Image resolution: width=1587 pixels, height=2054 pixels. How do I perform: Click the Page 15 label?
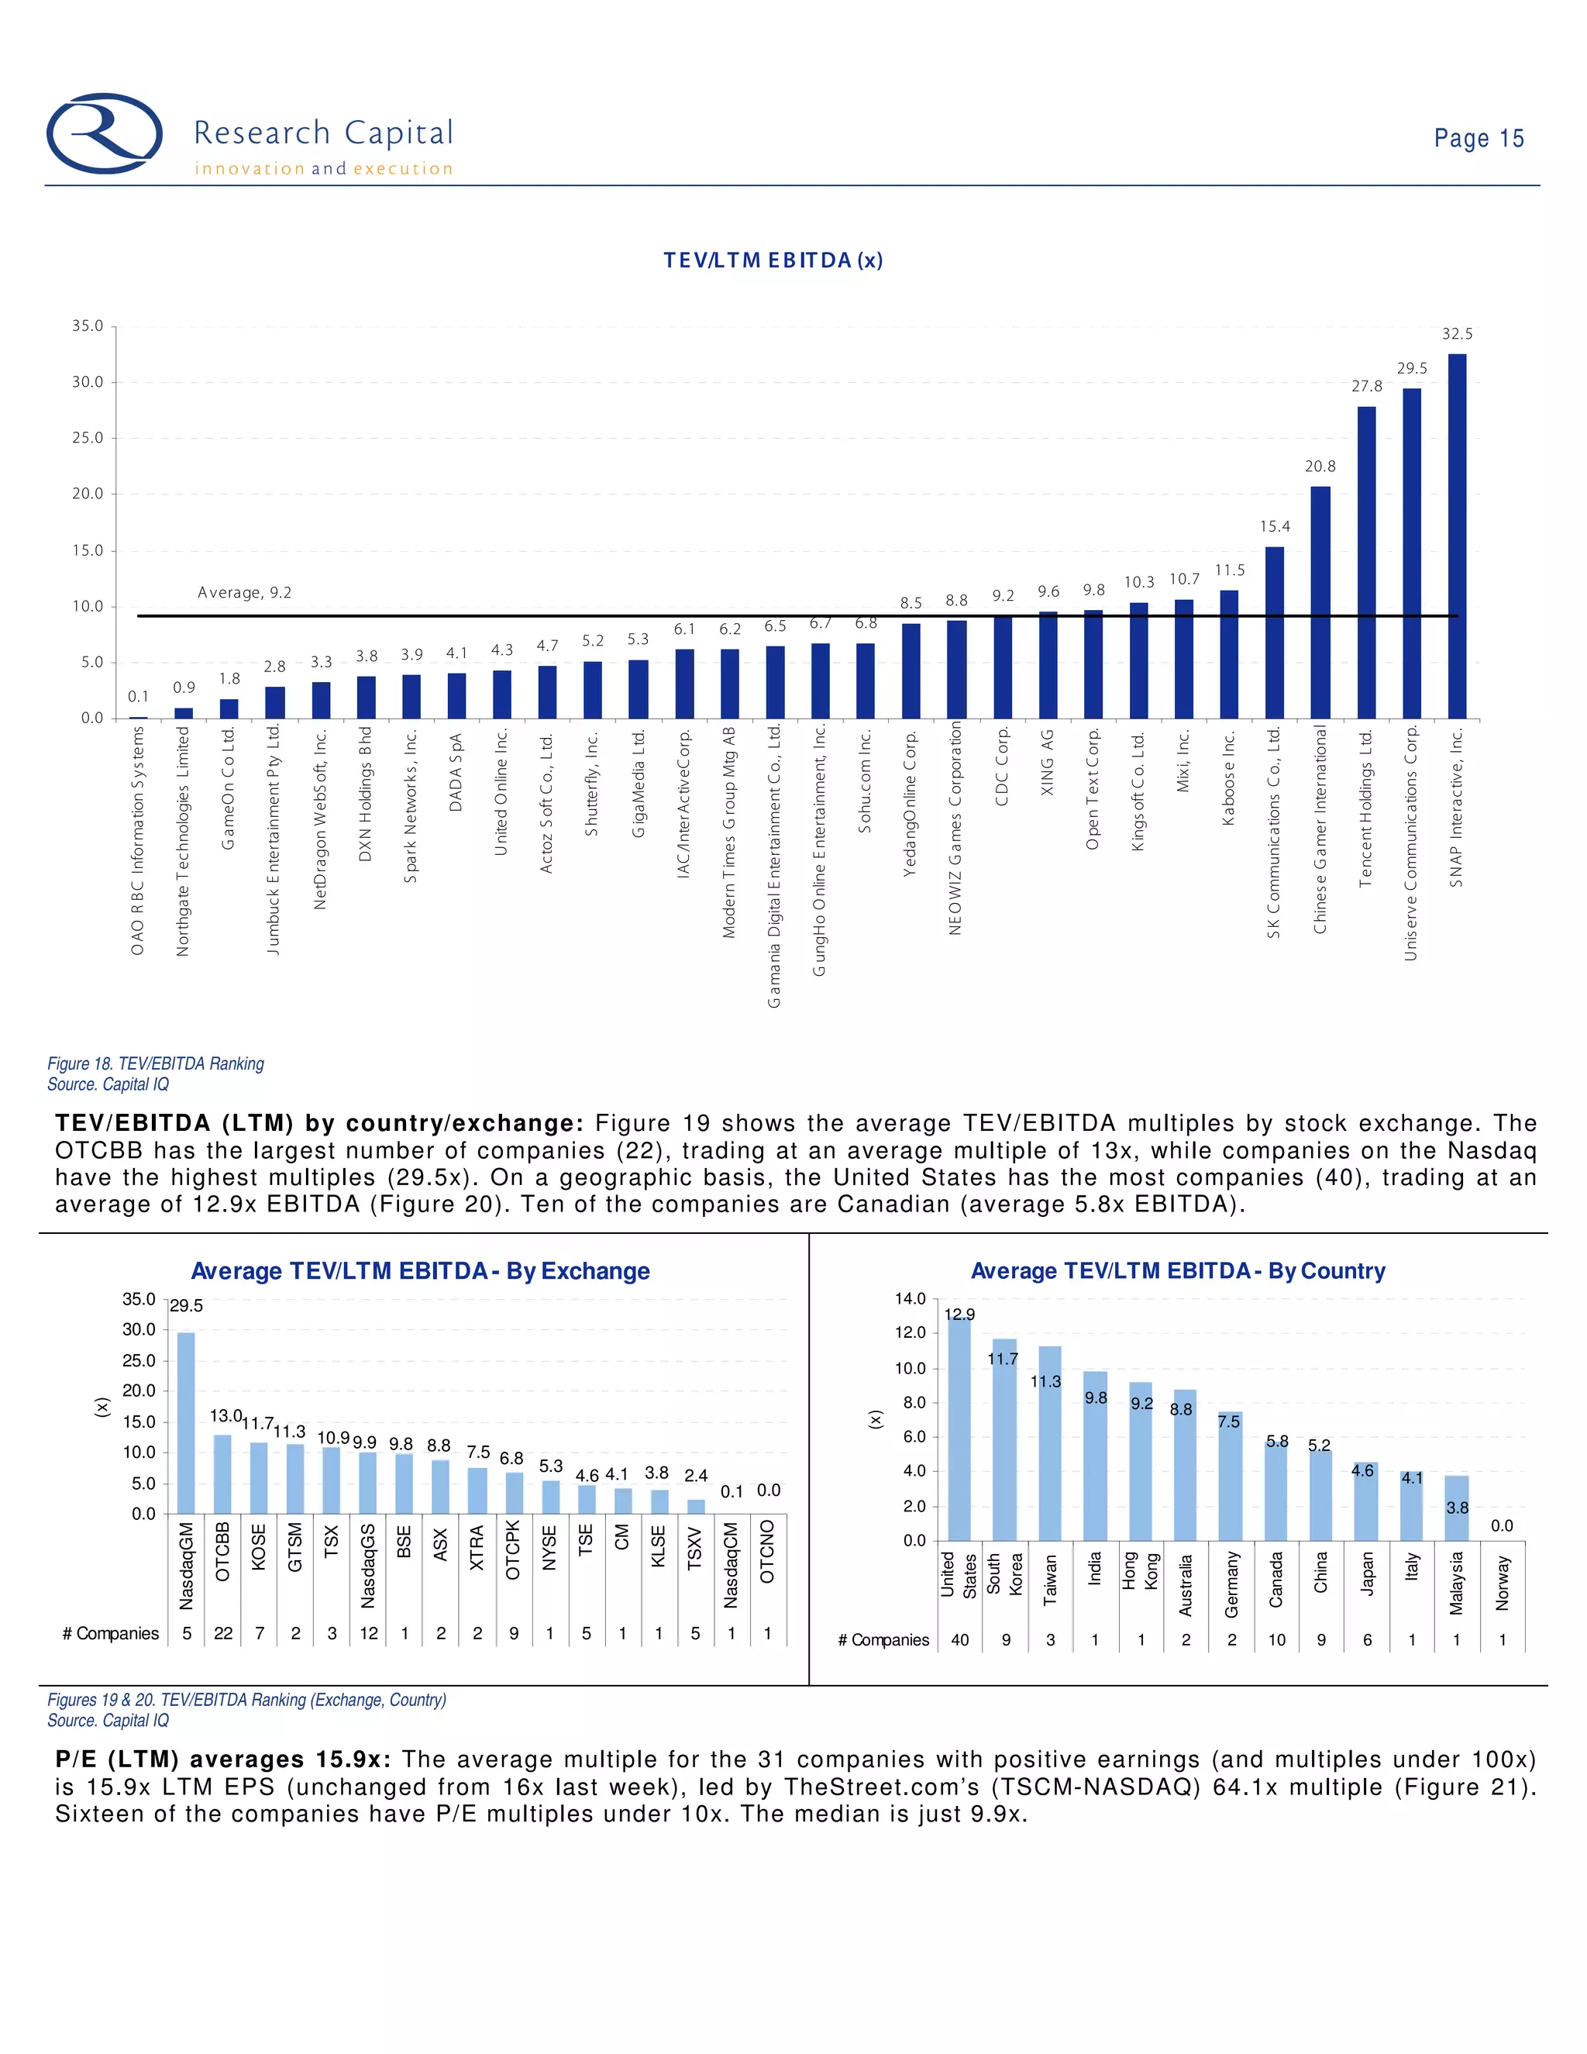point(1478,138)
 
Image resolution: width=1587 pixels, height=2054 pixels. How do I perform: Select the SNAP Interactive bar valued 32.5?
point(1456,536)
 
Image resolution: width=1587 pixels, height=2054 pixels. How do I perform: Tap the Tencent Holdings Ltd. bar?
point(1366,563)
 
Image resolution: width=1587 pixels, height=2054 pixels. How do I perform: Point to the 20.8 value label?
point(1320,467)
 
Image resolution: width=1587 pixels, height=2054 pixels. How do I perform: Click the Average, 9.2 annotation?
point(244,592)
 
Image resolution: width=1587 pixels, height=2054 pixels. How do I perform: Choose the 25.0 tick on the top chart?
point(88,438)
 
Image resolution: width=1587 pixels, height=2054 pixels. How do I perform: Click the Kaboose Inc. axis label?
point(1228,777)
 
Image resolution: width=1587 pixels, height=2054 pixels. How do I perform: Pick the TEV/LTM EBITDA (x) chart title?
point(773,260)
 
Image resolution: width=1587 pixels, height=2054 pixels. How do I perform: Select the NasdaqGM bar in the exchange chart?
point(186,1423)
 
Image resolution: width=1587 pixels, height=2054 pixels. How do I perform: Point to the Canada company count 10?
point(1275,1640)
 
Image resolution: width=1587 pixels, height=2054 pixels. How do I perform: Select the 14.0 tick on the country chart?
point(909,1299)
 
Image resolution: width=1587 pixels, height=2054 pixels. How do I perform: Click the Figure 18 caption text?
point(156,1063)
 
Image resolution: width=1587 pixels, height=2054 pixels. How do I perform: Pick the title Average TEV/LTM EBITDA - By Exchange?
point(420,1271)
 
